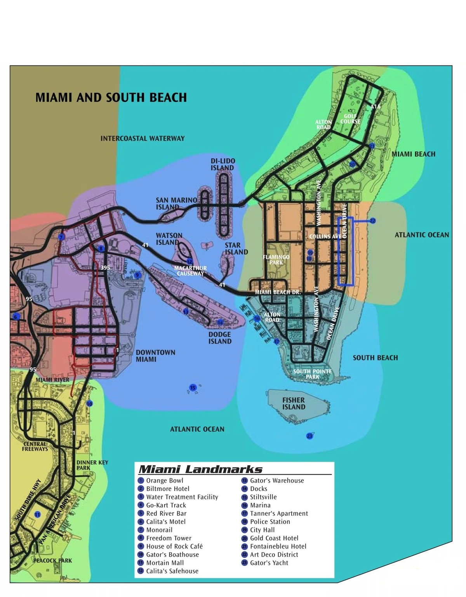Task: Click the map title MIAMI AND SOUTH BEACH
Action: click(111, 97)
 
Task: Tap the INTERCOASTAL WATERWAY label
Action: click(143, 138)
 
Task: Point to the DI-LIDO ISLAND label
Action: click(223, 164)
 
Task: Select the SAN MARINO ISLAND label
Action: click(176, 203)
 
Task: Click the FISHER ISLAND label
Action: click(294, 403)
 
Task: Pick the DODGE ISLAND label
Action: click(220, 338)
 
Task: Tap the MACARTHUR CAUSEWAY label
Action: click(190, 271)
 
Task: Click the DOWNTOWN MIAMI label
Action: click(155, 356)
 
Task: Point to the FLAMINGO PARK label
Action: click(276, 260)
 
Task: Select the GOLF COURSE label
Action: click(350, 119)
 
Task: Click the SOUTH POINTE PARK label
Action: click(312, 374)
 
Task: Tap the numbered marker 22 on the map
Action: click(372, 221)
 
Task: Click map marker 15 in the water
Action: click(193, 388)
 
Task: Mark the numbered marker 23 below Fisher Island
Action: click(310, 436)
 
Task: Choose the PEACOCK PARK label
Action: click(52, 560)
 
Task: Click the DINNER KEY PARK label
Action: click(92, 465)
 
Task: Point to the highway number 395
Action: click(105, 268)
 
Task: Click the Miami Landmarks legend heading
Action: click(200, 470)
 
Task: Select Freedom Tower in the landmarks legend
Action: click(169, 538)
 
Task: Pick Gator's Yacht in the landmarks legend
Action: click(269, 563)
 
